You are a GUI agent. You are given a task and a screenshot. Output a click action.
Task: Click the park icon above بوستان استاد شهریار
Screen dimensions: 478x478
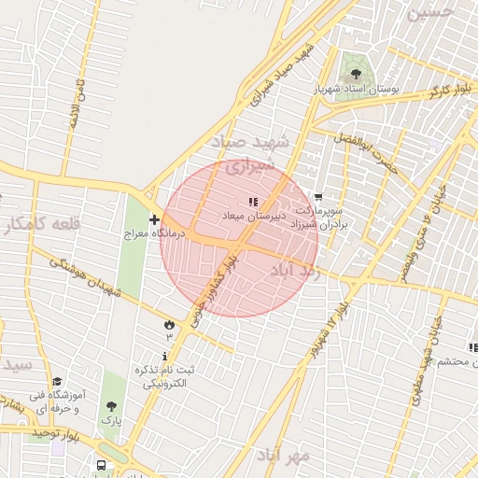[354, 71]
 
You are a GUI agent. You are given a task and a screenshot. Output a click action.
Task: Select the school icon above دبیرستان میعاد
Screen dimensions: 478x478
[252, 201]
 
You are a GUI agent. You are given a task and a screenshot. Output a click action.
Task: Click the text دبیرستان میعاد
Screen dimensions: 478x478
[252, 216]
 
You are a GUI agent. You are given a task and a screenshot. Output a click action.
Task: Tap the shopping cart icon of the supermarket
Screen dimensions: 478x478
[319, 197]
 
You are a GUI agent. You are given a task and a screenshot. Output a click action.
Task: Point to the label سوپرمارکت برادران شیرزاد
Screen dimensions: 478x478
[318, 218]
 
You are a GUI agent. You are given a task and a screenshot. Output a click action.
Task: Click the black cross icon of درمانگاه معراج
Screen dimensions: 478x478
[154, 219]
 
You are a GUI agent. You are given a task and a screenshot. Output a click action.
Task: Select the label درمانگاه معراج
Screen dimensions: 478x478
[157, 234]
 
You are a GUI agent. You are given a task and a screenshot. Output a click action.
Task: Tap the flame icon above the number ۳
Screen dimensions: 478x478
[169, 324]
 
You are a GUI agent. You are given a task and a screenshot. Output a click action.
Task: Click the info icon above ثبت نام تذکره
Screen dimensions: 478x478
[165, 356]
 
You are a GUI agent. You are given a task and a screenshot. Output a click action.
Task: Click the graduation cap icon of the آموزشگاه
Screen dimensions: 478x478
[57, 381]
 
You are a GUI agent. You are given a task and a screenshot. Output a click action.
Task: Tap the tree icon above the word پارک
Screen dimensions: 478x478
[112, 406]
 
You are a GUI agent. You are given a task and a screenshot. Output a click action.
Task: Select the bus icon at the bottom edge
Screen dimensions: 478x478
[101, 465]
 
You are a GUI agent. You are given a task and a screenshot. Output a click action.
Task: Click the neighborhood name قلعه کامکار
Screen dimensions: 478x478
[42, 224]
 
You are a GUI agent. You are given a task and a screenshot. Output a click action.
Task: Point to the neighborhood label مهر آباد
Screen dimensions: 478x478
[285, 455]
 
